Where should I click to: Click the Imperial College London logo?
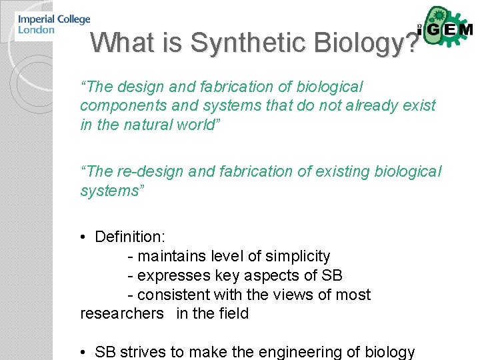point(54,25)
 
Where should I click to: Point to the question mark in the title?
point(413,43)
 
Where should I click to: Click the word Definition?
point(129,237)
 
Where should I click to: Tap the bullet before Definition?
point(85,237)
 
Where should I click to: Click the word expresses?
point(174,276)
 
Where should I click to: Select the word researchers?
point(121,313)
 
